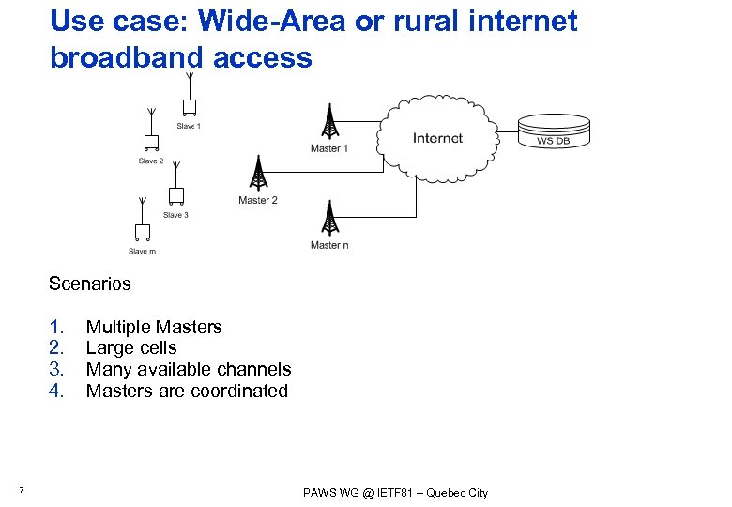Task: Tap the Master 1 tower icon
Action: point(329,122)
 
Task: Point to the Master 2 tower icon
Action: point(258,176)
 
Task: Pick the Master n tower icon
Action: point(329,219)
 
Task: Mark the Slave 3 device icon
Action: point(175,195)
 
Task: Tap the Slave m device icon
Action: point(143,231)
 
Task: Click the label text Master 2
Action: point(258,200)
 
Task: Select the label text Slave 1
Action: point(188,126)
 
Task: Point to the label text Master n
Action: point(329,245)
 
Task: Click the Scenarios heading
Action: point(90,283)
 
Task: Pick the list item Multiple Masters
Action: point(154,327)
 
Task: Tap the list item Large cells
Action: point(131,347)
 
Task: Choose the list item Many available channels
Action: point(189,369)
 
